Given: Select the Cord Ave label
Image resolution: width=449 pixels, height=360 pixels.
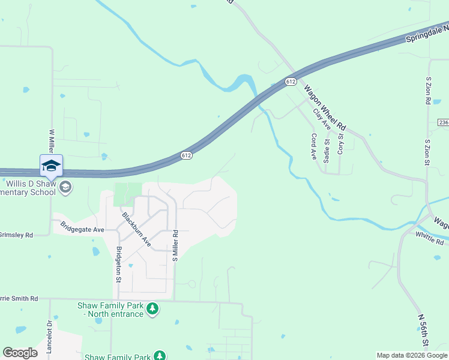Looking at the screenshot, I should coord(313,145).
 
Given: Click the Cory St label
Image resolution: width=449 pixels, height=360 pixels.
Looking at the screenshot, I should coord(340,144).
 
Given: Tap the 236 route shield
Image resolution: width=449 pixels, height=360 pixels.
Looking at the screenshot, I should coord(443,122).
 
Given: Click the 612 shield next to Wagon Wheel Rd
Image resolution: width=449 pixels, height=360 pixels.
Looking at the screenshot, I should coord(291,81).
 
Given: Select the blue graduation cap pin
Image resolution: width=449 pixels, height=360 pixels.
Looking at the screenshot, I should coord(51,166).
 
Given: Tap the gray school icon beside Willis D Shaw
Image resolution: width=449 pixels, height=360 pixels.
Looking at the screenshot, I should coord(66,188).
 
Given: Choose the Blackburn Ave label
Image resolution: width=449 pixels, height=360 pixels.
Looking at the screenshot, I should coord(136,229).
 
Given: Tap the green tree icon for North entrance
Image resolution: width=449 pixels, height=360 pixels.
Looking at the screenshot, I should coord(153,309).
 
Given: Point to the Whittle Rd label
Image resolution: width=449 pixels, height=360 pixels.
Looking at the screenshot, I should coord(429,238).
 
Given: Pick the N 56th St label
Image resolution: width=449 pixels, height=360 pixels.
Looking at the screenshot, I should coord(423,331).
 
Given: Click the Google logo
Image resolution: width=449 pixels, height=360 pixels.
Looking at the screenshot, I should coord(20,352).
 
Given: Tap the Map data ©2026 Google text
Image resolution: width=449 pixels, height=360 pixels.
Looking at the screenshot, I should coord(412,355).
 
